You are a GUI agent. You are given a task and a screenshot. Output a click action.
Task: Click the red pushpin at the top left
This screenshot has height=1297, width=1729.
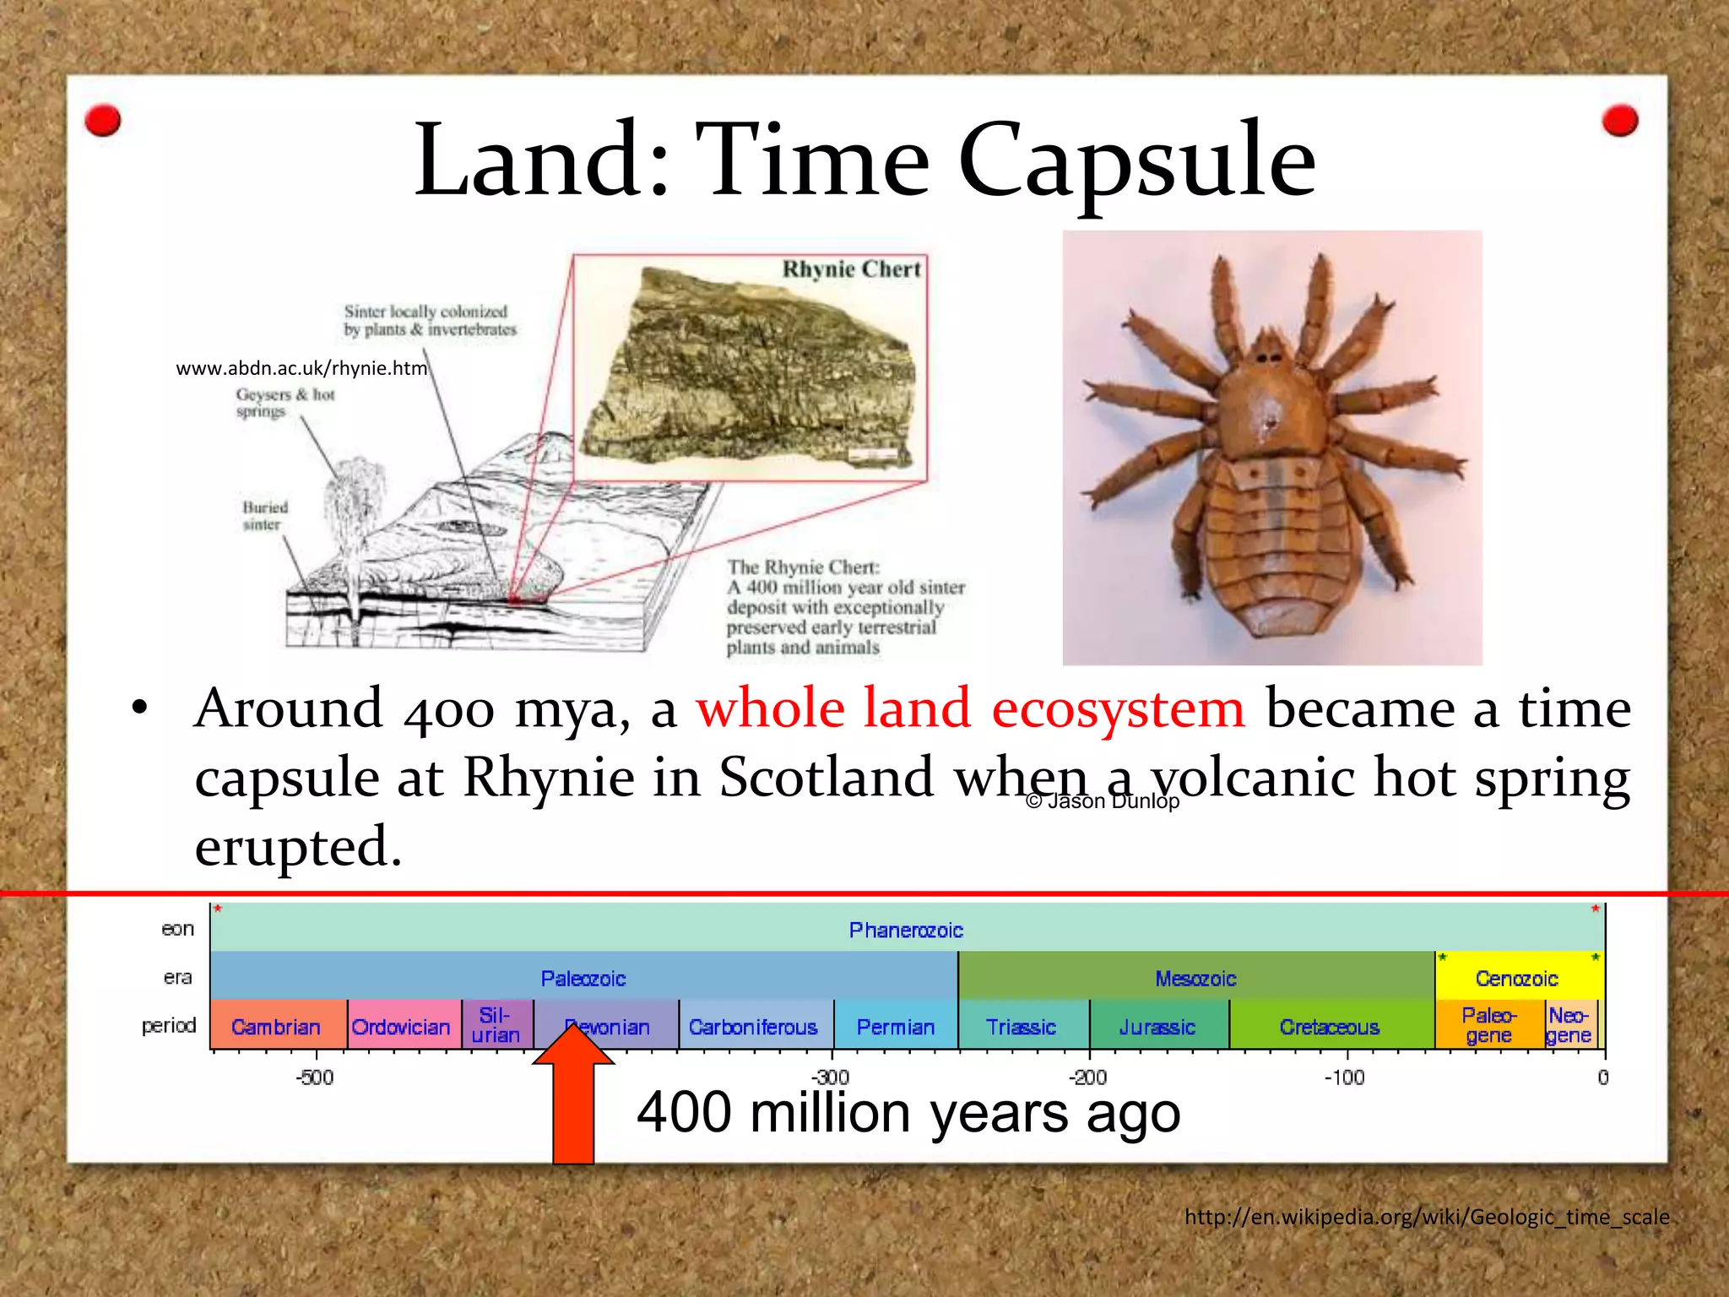[103, 121]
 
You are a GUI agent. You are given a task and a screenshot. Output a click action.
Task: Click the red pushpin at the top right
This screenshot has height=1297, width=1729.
[1619, 120]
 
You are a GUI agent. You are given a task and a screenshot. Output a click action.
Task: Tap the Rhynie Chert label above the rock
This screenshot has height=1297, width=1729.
[850, 269]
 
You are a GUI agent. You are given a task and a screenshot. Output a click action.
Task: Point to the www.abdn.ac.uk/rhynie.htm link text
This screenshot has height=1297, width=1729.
[301, 368]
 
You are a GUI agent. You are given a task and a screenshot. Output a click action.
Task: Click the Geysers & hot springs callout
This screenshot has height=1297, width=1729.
[285, 403]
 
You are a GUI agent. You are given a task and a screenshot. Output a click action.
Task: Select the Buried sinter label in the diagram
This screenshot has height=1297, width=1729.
[265, 515]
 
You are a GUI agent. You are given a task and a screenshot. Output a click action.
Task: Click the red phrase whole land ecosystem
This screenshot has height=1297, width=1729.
[970, 708]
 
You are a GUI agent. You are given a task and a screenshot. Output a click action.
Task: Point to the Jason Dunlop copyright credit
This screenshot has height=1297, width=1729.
[1102, 800]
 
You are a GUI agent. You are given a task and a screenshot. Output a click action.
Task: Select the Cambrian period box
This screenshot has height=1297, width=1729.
[277, 1026]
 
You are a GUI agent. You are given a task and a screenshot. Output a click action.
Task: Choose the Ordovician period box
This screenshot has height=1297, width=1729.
[402, 1026]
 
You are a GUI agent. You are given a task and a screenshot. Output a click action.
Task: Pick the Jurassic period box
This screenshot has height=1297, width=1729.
[1157, 1026]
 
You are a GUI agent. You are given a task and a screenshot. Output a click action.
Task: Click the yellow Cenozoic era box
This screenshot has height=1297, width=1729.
[1517, 978]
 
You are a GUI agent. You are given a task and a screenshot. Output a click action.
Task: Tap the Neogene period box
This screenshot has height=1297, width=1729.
[1569, 1025]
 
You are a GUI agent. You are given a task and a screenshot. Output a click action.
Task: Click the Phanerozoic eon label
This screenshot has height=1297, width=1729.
[906, 930]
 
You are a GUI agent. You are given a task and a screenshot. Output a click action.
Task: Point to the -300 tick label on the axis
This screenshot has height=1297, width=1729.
[831, 1077]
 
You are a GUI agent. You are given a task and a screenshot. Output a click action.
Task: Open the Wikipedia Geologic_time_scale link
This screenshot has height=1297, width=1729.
[1427, 1217]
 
